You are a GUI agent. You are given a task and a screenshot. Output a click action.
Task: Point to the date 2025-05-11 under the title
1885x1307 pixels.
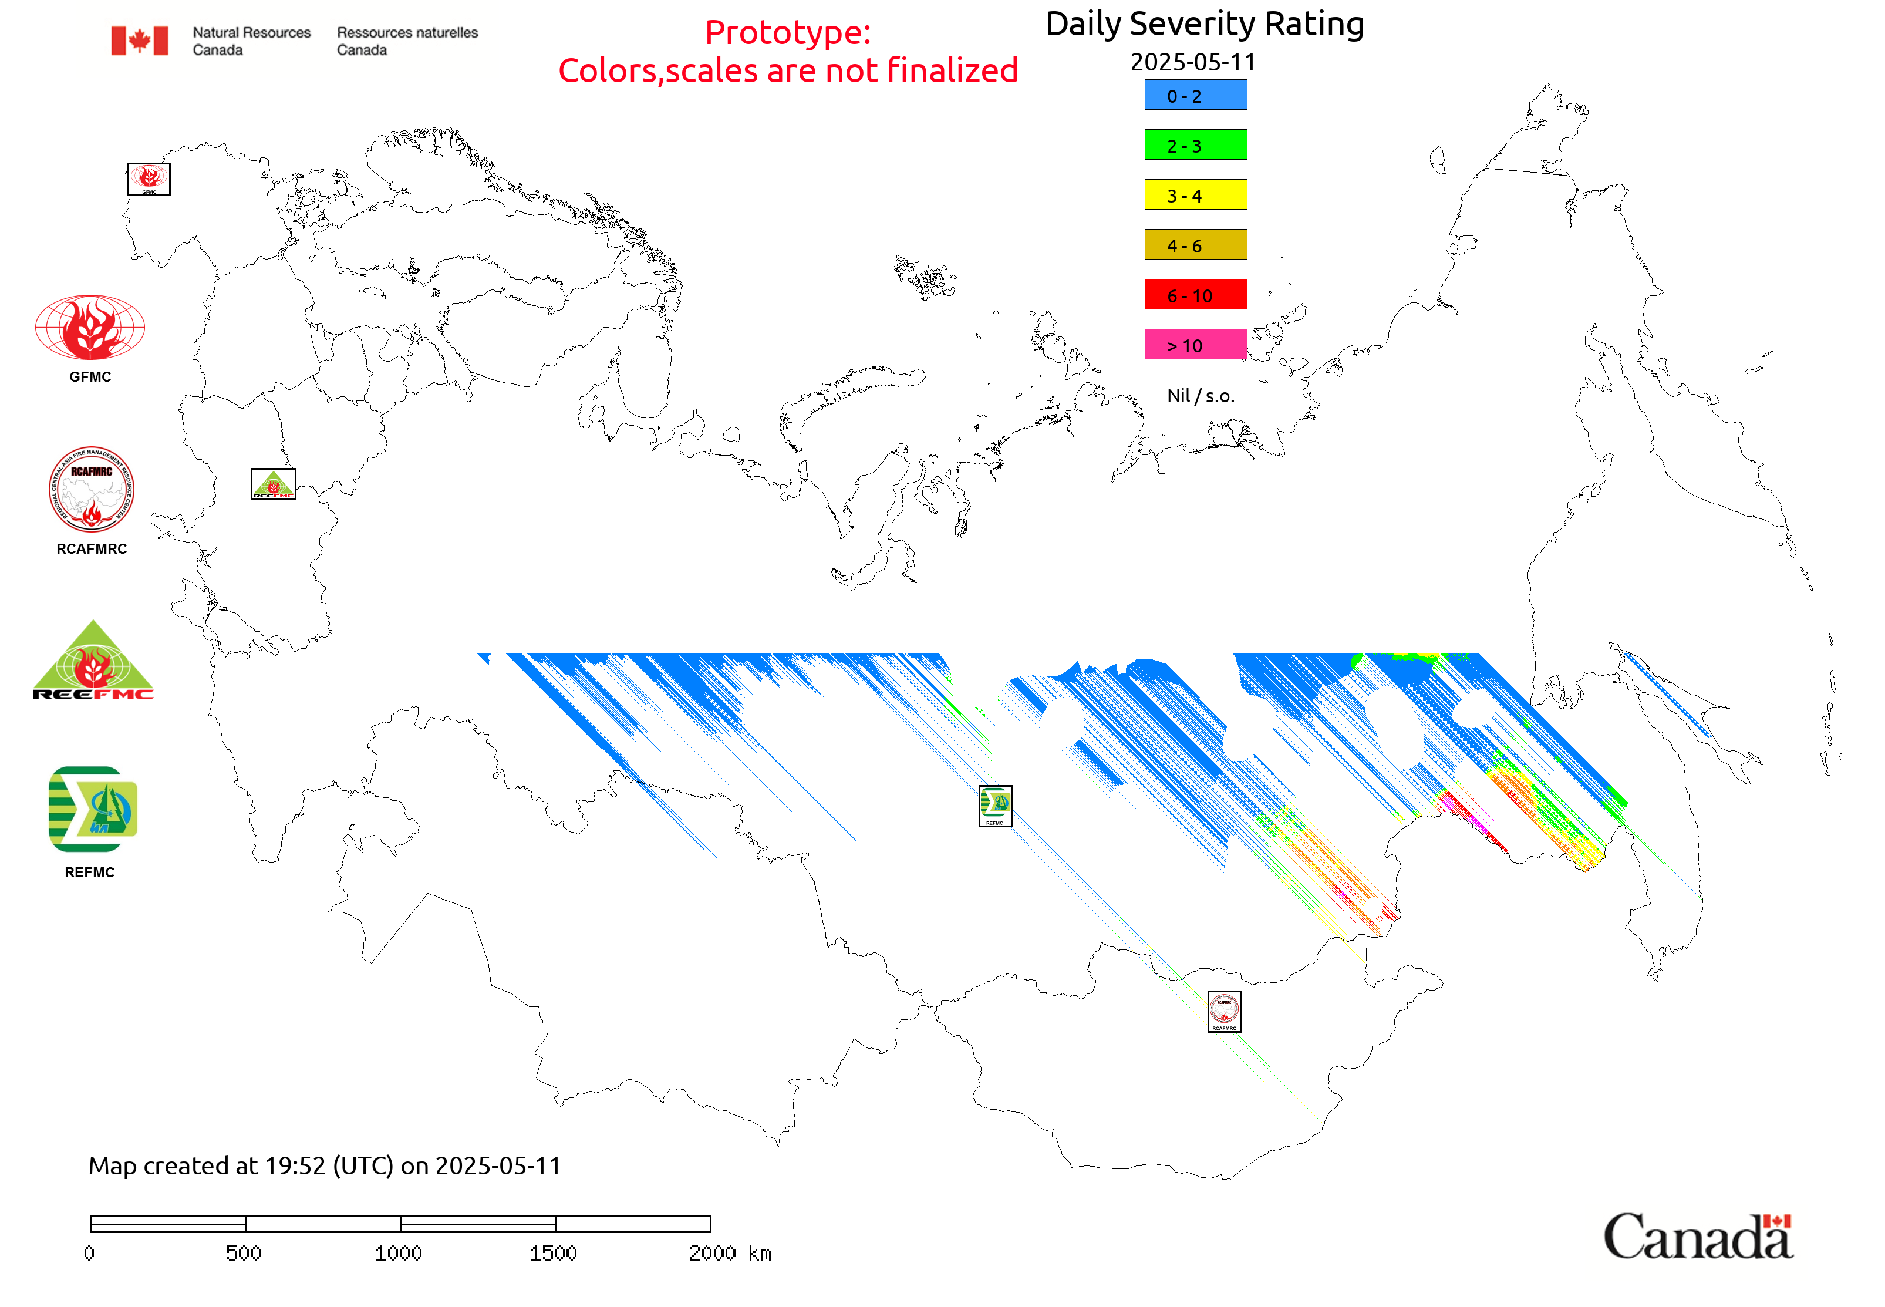[1192, 62]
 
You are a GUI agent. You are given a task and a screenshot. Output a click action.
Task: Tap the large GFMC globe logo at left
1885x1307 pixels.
[90, 328]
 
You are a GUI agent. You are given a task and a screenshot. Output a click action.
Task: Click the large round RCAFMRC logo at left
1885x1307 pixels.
[91, 490]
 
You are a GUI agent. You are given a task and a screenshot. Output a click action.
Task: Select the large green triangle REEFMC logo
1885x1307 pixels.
[93, 661]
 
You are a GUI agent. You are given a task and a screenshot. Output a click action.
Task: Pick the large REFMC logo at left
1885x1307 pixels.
[93, 809]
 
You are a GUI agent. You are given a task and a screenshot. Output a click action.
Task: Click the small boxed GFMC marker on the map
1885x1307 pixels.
[149, 179]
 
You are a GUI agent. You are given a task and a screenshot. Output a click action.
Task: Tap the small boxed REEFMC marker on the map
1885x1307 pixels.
[272, 484]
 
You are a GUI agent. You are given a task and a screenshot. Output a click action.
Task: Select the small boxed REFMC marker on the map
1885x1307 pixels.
[995, 806]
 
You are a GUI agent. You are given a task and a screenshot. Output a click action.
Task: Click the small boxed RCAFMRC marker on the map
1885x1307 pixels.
[1223, 1011]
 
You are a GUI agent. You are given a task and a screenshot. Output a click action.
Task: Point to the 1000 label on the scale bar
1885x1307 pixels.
[398, 1253]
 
